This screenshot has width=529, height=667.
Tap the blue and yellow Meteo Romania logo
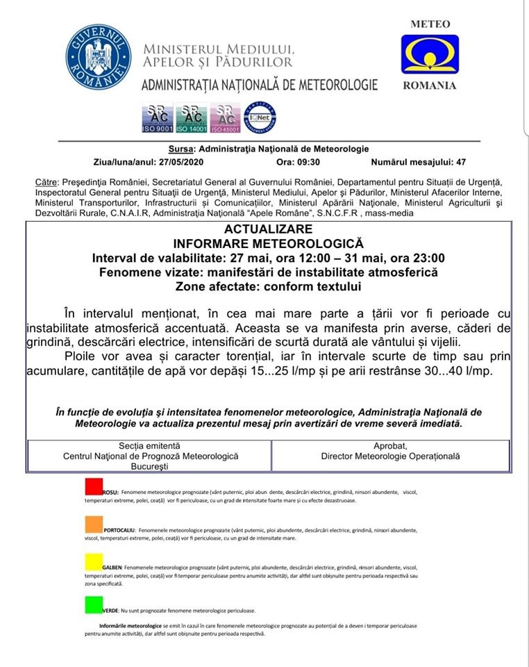click(x=430, y=54)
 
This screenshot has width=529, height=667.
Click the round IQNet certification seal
click(x=259, y=117)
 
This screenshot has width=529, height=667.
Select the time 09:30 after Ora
click(x=308, y=163)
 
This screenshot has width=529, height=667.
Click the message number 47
click(x=461, y=163)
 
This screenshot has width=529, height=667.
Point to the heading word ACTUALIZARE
click(x=268, y=229)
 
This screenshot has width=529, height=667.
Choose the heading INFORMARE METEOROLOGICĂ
click(x=268, y=243)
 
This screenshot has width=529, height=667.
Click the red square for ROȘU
click(x=93, y=485)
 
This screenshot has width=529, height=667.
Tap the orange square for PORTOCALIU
click(x=94, y=525)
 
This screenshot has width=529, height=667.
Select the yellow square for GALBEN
click(x=94, y=561)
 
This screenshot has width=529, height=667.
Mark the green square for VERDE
click(x=94, y=604)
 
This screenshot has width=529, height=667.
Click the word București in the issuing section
click(x=150, y=467)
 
